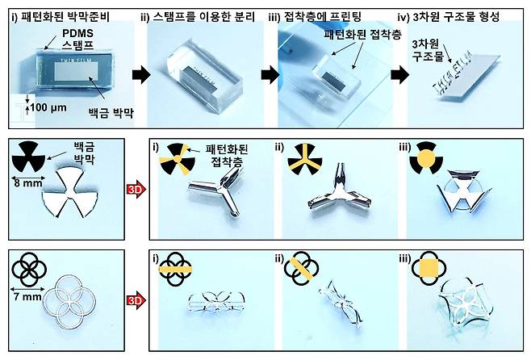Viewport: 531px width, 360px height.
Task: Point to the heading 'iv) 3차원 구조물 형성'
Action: pos(462,11)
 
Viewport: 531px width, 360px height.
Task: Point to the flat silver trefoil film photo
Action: pos(77,196)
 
